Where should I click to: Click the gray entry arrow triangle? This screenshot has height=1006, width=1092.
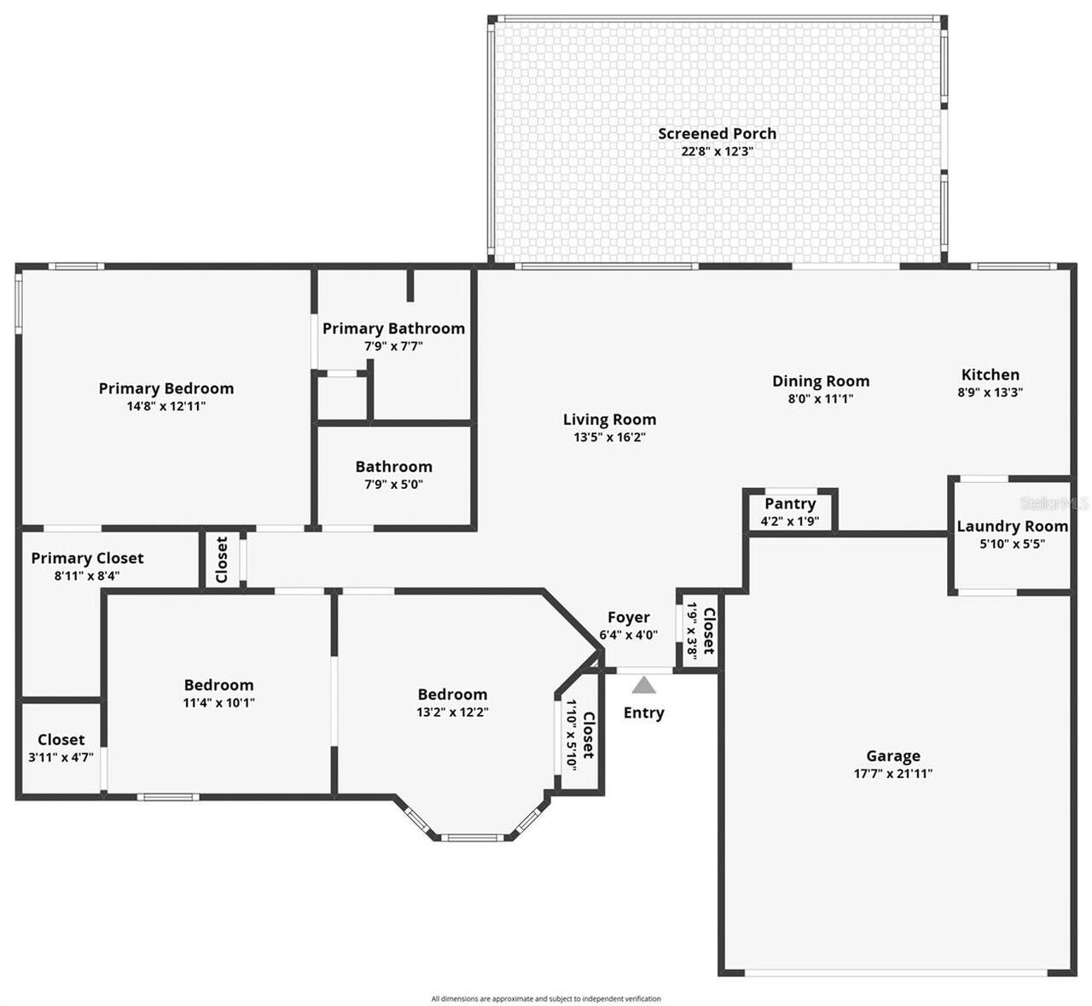pyautogui.click(x=643, y=684)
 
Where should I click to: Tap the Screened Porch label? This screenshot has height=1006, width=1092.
pyautogui.click(x=717, y=133)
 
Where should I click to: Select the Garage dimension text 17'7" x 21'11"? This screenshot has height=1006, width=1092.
pyautogui.click(x=892, y=773)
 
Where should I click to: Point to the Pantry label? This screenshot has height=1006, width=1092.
pyautogui.click(x=790, y=503)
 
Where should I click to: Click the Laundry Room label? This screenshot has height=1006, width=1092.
pyautogui.click(x=1012, y=526)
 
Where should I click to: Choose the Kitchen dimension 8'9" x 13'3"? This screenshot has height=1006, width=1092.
pyautogui.click(x=990, y=393)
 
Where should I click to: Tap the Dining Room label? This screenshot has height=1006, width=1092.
pyautogui.click(x=821, y=381)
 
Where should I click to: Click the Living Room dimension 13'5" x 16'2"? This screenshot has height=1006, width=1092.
pyautogui.click(x=609, y=437)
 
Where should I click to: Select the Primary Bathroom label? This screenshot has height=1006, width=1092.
pyautogui.click(x=393, y=329)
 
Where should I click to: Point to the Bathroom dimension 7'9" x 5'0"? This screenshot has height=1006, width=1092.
pyautogui.click(x=393, y=484)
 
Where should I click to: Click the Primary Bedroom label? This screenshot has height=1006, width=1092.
pyautogui.click(x=166, y=388)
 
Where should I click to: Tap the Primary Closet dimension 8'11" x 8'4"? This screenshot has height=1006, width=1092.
pyautogui.click(x=87, y=576)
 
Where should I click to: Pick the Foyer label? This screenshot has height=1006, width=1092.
pyautogui.click(x=628, y=617)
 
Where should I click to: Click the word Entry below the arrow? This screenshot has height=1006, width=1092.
pyautogui.click(x=643, y=713)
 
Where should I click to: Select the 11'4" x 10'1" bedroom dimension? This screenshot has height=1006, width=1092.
pyautogui.click(x=219, y=702)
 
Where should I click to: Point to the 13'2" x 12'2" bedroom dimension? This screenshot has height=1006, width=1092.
pyautogui.click(x=452, y=712)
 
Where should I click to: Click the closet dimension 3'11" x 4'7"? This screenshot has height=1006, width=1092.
pyautogui.click(x=61, y=757)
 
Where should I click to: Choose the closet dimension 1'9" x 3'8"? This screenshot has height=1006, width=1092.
pyautogui.click(x=692, y=631)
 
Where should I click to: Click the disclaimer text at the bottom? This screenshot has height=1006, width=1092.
pyautogui.click(x=546, y=998)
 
